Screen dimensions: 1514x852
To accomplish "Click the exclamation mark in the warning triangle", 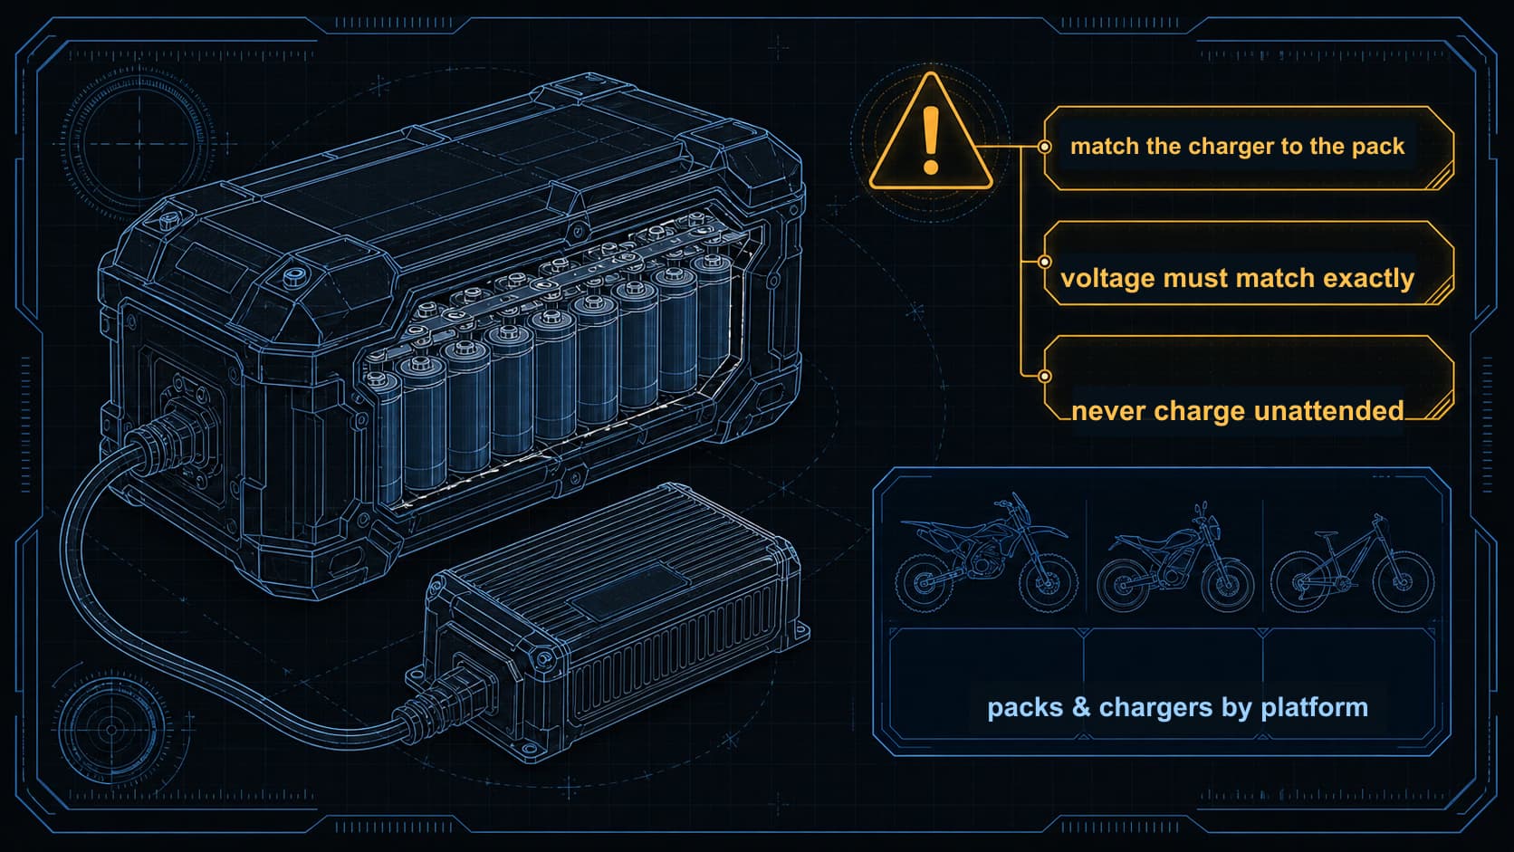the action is (931, 139).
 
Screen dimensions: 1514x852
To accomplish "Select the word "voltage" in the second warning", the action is (1107, 279).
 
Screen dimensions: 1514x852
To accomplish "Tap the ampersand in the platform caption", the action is (1081, 707).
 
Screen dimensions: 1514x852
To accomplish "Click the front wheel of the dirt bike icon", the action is (1048, 582).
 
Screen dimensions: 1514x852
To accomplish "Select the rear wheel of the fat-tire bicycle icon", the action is (1300, 582).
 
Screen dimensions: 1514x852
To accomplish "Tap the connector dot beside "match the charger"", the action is (1044, 147).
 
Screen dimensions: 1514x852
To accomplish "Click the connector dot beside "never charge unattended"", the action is (1044, 376).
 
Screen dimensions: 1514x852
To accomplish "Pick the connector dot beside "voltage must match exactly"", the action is (1044, 262).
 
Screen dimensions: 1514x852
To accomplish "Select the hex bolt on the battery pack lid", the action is (292, 276).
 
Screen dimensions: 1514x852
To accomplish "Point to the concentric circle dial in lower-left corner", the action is (112, 730).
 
